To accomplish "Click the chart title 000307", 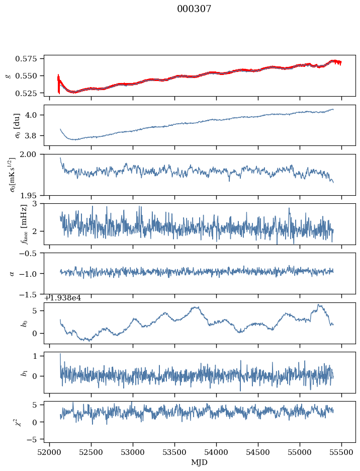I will (194, 9).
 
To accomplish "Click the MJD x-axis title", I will (200, 462).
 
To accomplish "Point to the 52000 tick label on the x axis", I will (49, 453).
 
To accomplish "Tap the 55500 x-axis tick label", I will (342, 453).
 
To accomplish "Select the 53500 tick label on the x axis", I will (174, 453).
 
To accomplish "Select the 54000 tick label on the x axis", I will (216, 453).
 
